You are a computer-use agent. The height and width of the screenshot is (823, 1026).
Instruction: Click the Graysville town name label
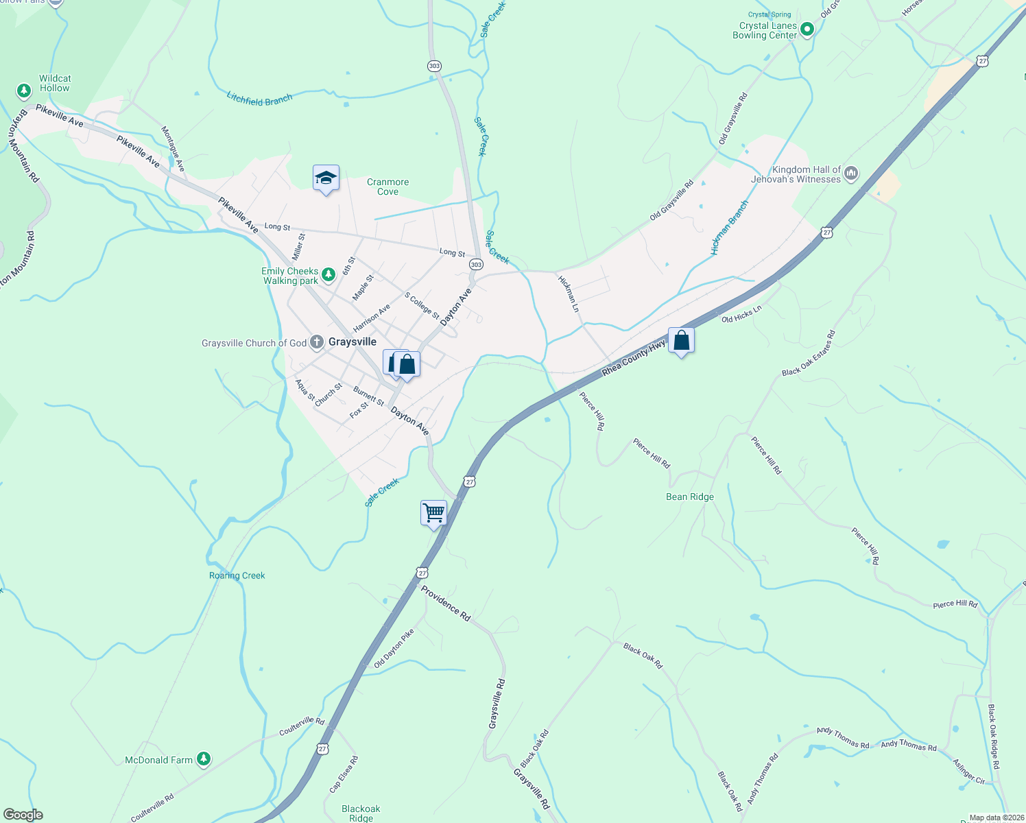[353, 342]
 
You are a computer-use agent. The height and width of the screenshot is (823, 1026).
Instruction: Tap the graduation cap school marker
[326, 178]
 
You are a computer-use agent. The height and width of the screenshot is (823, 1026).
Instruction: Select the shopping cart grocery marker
[433, 512]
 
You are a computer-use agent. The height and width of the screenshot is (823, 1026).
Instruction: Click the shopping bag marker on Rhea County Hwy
[681, 341]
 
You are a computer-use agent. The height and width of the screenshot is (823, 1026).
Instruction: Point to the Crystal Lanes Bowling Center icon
[807, 29]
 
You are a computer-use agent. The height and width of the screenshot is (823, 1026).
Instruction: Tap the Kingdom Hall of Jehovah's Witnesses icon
[851, 174]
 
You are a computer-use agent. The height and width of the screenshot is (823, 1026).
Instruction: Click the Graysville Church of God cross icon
[316, 342]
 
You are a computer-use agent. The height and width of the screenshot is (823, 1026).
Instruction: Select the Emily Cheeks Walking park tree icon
[329, 274]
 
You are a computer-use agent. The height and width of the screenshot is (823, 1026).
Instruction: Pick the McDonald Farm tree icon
[203, 759]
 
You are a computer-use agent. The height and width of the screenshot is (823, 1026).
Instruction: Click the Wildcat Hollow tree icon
[24, 91]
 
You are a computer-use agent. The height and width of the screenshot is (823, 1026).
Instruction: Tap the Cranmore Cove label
[387, 187]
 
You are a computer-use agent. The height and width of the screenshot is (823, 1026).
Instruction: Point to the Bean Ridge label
[690, 497]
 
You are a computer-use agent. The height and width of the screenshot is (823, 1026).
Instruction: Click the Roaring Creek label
[237, 575]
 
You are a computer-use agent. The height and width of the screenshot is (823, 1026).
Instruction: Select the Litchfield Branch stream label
[259, 99]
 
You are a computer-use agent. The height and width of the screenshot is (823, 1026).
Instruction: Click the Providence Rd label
[446, 604]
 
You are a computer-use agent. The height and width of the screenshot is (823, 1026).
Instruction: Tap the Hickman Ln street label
[569, 294]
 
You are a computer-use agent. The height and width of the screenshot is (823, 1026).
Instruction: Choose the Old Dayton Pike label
[394, 649]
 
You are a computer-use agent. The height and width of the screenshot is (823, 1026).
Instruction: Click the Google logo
[23, 815]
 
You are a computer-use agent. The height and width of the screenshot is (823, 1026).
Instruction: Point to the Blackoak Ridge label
[361, 813]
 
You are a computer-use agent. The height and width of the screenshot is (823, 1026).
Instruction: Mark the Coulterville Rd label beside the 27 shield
[302, 726]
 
